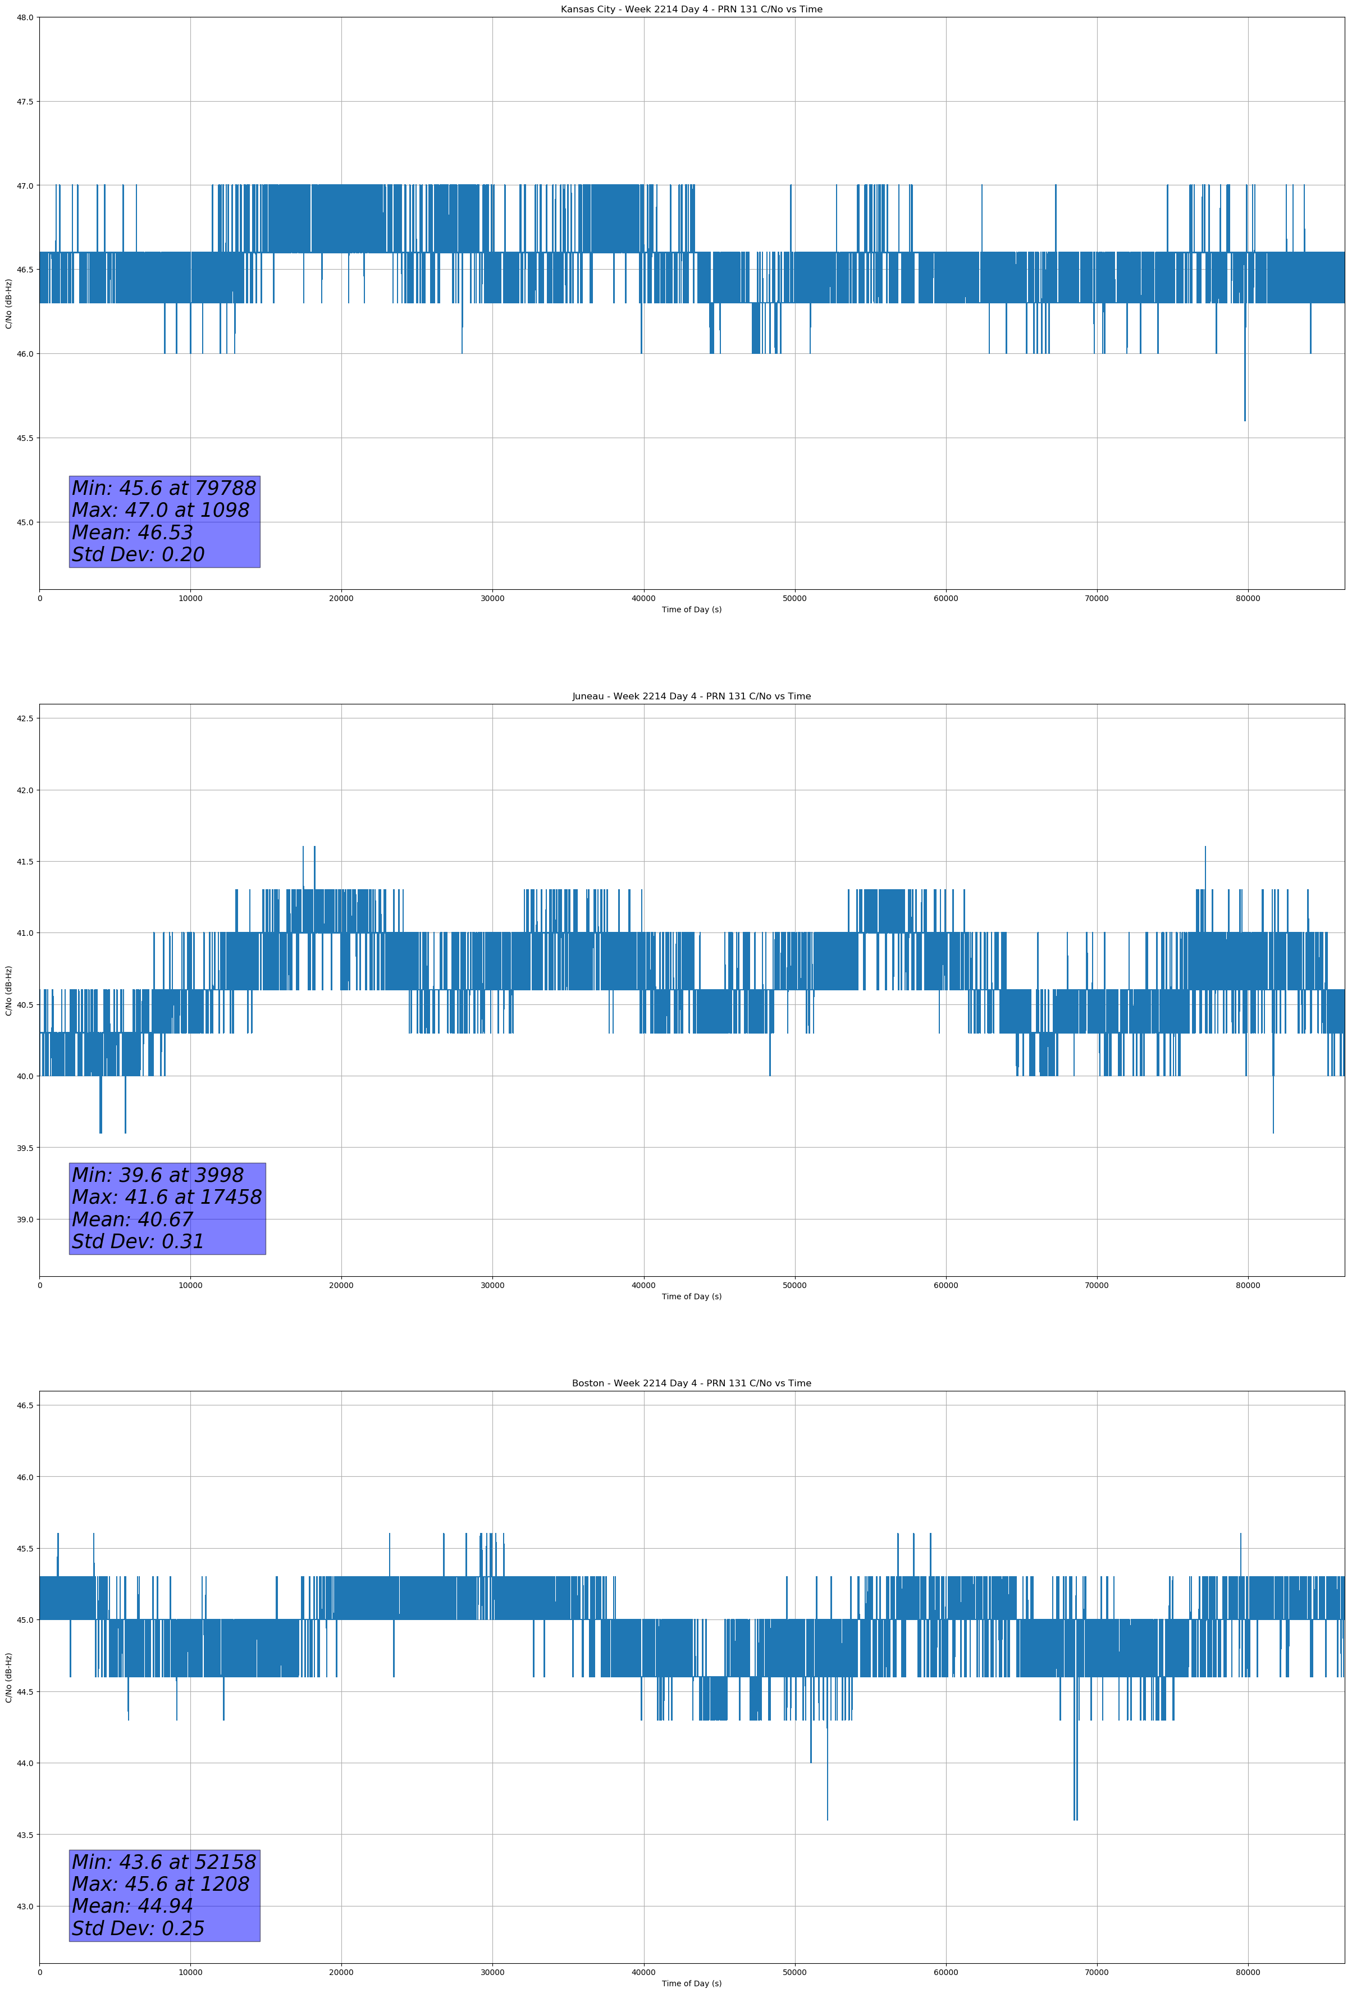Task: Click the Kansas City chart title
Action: click(x=691, y=10)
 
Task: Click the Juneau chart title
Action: click(x=691, y=697)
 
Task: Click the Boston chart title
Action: click(x=691, y=1384)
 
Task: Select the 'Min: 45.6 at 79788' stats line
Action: click(x=164, y=488)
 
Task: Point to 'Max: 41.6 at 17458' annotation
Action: click(x=166, y=1197)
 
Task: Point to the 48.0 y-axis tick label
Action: click(x=25, y=17)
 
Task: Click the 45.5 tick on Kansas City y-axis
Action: click(x=25, y=438)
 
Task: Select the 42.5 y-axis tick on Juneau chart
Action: click(x=25, y=718)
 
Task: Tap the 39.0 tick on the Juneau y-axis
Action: click(x=25, y=1220)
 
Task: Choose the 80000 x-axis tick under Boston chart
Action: click(x=1248, y=1972)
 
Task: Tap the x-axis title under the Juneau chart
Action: click(x=691, y=1296)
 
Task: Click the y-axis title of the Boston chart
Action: click(x=8, y=1677)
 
